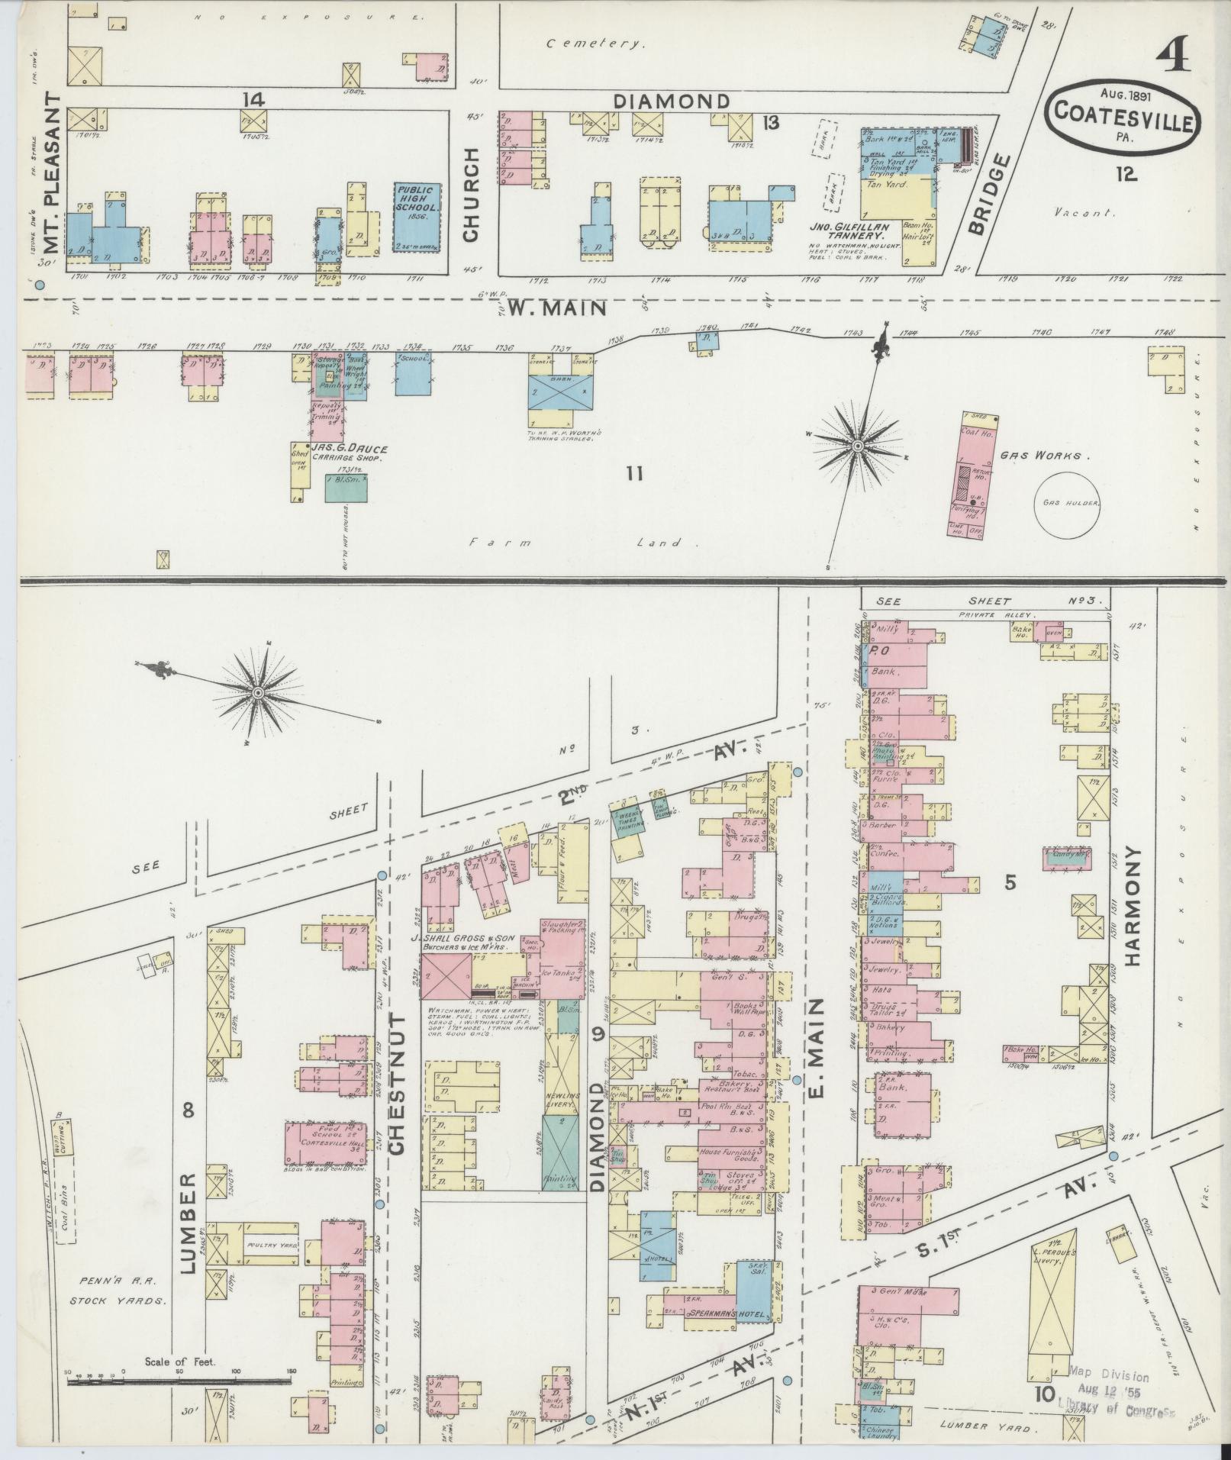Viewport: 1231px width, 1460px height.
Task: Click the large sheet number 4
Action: pos(1174,56)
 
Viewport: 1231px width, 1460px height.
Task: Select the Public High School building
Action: pos(417,218)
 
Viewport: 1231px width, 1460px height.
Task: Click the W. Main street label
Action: pos(558,308)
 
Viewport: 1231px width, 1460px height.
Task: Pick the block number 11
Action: pos(633,474)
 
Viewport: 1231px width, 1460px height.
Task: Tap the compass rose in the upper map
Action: pos(859,445)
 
